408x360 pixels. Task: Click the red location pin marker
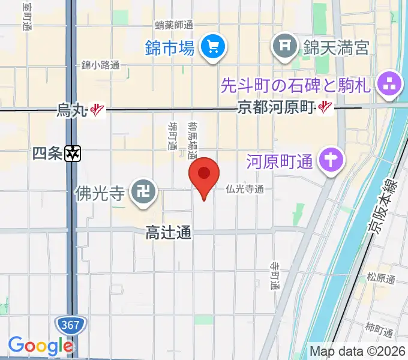tap(205, 174)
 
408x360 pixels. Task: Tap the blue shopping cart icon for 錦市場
tap(212, 47)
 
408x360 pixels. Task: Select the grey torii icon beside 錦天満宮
tap(285, 46)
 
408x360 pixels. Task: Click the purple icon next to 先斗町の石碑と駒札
tap(391, 85)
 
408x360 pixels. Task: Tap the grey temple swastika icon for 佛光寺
tap(143, 193)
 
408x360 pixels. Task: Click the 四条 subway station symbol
tap(73, 154)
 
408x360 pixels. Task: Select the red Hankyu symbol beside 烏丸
tap(98, 110)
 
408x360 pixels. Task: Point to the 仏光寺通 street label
tap(245, 189)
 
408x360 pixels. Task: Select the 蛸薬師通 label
tap(173, 25)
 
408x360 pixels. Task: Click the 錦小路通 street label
tap(101, 65)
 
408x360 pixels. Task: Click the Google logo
tap(40, 346)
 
